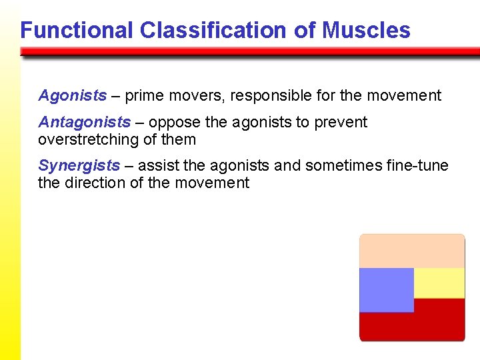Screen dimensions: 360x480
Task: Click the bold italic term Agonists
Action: click(x=72, y=96)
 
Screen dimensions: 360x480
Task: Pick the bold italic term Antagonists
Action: click(x=84, y=123)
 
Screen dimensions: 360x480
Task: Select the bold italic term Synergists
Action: click(x=79, y=165)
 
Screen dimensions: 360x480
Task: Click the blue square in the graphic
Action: click(x=386, y=290)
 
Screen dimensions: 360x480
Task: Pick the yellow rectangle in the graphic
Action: click(x=439, y=283)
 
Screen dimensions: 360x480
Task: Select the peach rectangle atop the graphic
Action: click(x=412, y=251)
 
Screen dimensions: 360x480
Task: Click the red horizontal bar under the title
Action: click(x=250, y=51)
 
